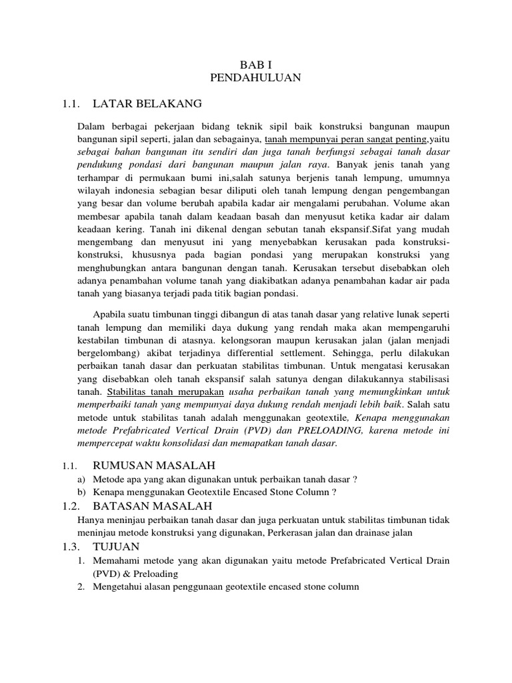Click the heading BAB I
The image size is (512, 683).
coord(255,65)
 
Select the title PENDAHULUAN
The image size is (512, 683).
coord(255,78)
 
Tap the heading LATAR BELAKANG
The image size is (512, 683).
coord(147,104)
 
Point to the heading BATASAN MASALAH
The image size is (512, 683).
coord(152,507)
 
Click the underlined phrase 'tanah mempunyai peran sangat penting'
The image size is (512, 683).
coord(346,139)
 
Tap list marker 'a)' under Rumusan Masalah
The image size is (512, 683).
coord(82,479)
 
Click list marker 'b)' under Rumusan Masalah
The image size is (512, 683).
coord(82,492)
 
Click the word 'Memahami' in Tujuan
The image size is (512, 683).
coord(115,561)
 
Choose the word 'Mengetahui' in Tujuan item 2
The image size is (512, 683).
coord(117,587)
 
